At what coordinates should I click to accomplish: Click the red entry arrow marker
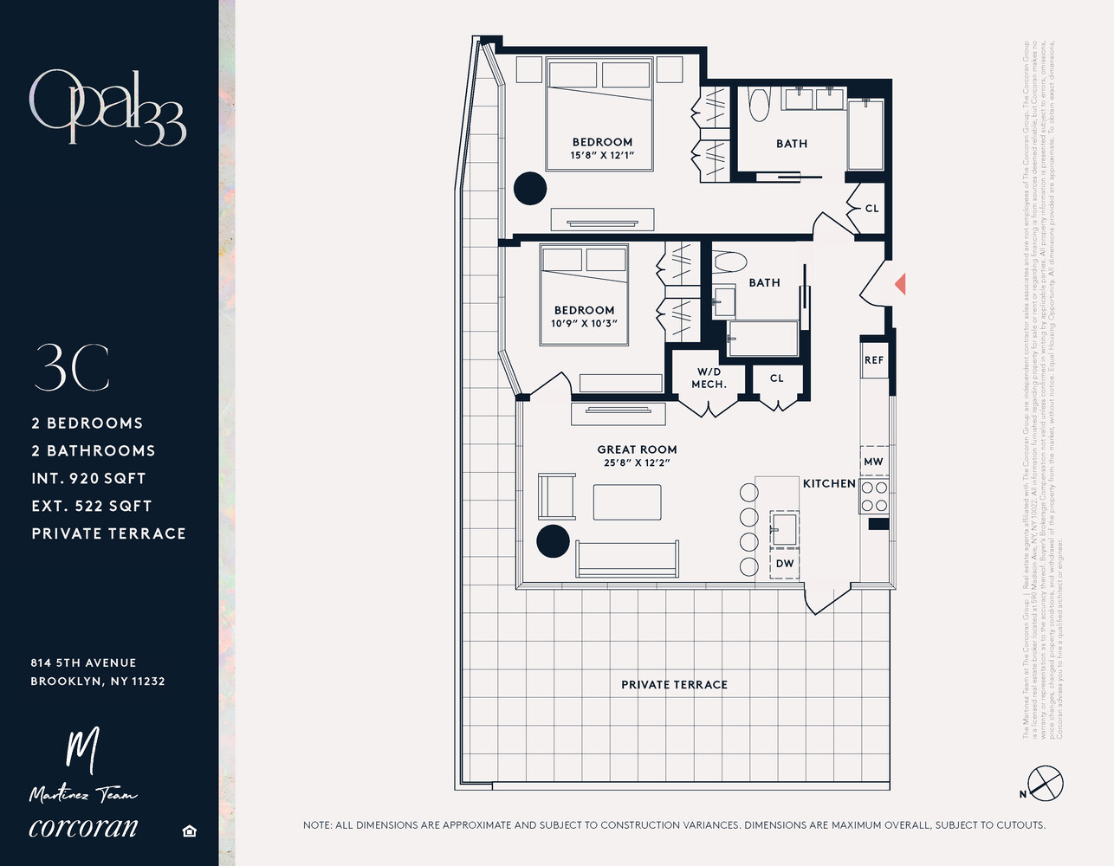click(900, 283)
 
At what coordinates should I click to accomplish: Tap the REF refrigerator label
click(874, 360)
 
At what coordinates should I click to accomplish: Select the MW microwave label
click(873, 462)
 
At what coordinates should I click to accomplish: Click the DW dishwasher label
click(785, 564)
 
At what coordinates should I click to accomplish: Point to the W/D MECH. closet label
click(709, 378)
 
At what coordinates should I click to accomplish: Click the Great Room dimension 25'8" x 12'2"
click(637, 462)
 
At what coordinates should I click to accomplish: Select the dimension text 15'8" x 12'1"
click(602, 156)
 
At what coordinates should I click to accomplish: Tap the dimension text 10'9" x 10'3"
click(584, 323)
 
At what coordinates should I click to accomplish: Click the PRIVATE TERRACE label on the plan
click(674, 685)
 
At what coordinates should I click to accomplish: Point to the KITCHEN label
click(829, 483)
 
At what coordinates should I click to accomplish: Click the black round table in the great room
click(553, 540)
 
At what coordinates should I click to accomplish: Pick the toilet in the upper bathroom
click(759, 104)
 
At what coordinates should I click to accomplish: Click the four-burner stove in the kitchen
click(874, 497)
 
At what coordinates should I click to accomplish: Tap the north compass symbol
click(1045, 784)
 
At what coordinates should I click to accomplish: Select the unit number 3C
click(72, 368)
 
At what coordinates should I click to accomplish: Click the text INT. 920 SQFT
click(88, 478)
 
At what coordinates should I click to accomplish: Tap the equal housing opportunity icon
click(190, 831)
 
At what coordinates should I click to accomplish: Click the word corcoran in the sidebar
click(83, 827)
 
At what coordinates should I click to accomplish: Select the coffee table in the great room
click(627, 502)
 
